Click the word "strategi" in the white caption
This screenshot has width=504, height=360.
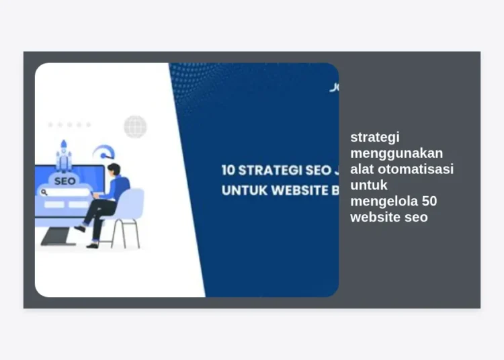(x=375, y=137)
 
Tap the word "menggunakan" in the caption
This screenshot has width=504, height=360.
(x=396, y=153)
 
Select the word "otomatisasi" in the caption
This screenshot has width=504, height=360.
(x=415, y=169)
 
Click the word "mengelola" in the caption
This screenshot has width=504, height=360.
(x=384, y=201)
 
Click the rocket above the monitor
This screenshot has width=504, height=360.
(x=64, y=154)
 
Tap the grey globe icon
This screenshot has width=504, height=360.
(x=135, y=126)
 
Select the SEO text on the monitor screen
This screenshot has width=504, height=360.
(x=65, y=181)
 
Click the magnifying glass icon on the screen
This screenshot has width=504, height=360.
(x=44, y=192)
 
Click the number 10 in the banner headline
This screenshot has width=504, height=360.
(x=228, y=170)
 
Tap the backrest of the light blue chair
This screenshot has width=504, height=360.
(x=132, y=204)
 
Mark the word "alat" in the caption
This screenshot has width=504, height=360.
(x=362, y=169)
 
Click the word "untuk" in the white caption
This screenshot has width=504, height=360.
(x=369, y=185)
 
